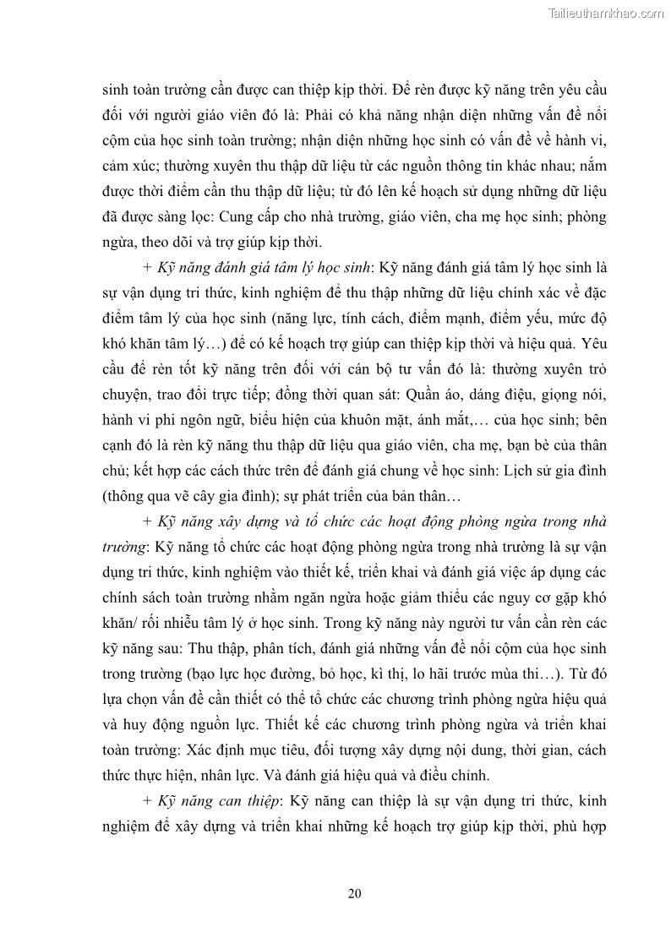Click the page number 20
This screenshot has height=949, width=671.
click(x=354, y=893)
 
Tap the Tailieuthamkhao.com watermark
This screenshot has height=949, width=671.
click(x=606, y=13)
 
